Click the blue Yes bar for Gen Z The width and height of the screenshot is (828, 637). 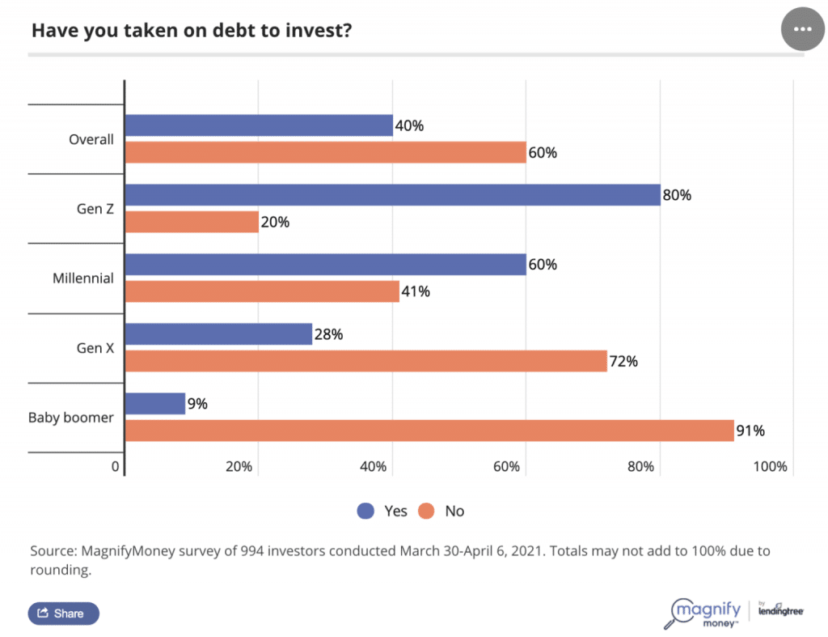tap(392, 195)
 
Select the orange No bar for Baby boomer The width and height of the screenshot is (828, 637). tap(429, 431)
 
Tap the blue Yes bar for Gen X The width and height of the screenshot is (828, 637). tap(218, 333)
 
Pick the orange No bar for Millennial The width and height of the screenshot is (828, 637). tap(262, 291)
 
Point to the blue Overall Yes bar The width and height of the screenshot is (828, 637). tap(259, 125)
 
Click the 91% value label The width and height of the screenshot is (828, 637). tap(750, 431)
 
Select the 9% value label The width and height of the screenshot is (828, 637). tap(197, 403)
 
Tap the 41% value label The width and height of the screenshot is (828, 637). tap(415, 291)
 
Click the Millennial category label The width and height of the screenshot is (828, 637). tap(83, 278)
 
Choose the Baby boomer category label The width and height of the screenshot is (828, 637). tap(71, 418)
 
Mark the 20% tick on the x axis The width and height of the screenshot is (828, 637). tap(239, 466)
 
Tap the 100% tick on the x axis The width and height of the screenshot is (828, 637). tap(771, 466)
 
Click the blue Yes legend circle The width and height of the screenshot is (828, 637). tap(366, 511)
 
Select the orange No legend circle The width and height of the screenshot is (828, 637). tap(427, 511)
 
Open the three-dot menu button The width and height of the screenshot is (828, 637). tap(802, 28)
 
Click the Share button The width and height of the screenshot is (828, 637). tap(63, 613)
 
